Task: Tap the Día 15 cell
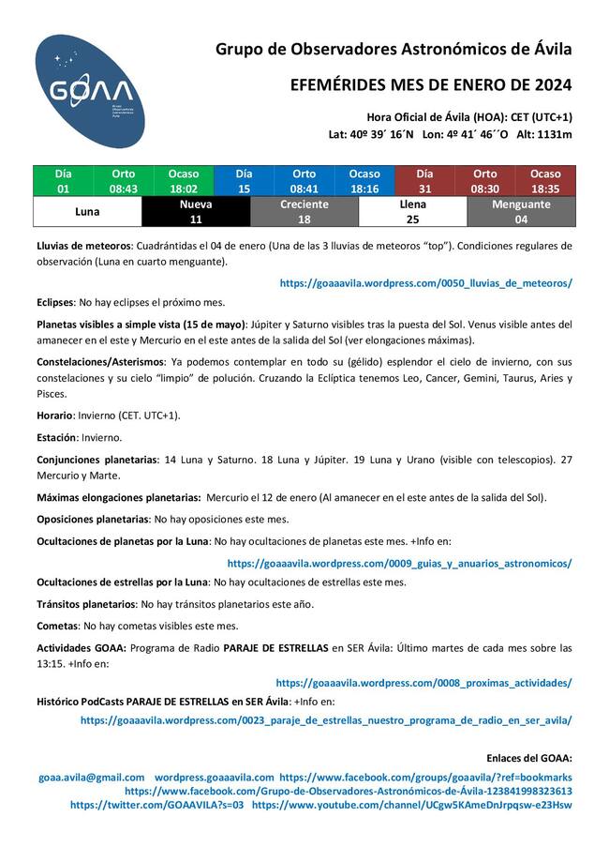tap(244, 181)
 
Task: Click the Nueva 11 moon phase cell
tap(196, 212)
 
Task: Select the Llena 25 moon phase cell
tap(412, 212)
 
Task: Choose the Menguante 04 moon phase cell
tap(521, 212)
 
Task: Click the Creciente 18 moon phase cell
tap(304, 212)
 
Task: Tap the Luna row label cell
tap(87, 212)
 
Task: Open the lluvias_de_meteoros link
tap(426, 282)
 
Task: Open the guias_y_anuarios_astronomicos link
tap(399, 564)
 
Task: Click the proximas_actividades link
tap(423, 683)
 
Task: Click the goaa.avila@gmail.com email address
tap(92, 778)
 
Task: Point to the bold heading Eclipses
tap(54, 303)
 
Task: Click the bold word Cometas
tap(57, 625)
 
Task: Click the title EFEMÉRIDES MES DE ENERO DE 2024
tap(431, 85)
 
